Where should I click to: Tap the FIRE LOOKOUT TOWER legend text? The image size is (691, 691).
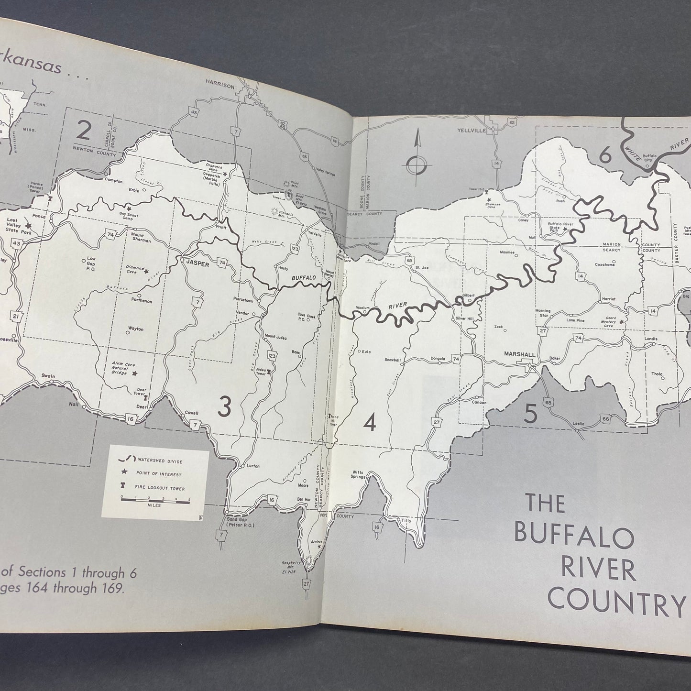coord(161,488)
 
